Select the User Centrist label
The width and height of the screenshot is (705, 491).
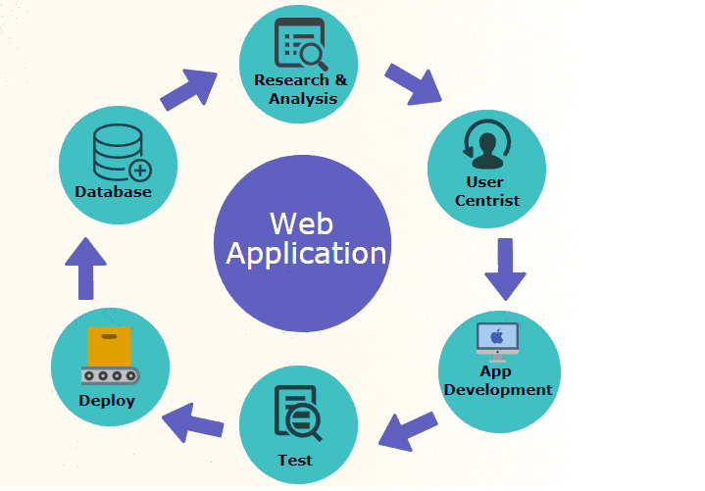[x=486, y=191]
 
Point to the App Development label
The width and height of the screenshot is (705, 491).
[x=497, y=381]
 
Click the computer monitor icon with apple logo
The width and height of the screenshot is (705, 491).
[x=498, y=339]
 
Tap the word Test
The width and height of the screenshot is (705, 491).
[x=294, y=460]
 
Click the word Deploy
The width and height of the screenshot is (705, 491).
[x=107, y=401]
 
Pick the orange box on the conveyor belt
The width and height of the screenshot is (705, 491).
[x=109, y=345]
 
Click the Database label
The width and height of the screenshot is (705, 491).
[x=113, y=192]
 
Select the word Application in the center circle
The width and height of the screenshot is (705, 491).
[x=306, y=254]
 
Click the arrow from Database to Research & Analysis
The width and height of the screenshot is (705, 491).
[x=189, y=89]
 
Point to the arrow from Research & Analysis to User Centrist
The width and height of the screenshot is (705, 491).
[x=414, y=83]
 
